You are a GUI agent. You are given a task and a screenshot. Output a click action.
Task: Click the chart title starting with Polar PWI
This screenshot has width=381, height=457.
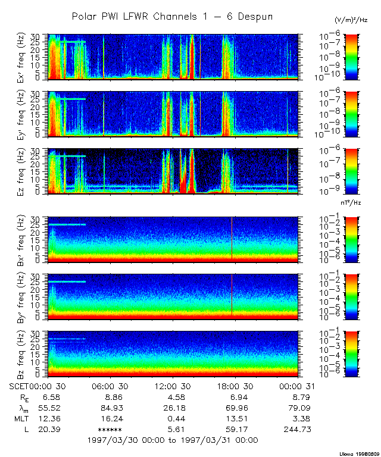[172, 17]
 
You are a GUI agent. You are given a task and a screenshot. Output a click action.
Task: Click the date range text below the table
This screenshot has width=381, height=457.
[172, 440]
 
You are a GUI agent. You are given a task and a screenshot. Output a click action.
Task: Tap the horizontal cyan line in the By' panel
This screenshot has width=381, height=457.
[67, 281]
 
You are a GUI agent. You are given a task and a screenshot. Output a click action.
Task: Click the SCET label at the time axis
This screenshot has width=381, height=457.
[20, 387]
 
